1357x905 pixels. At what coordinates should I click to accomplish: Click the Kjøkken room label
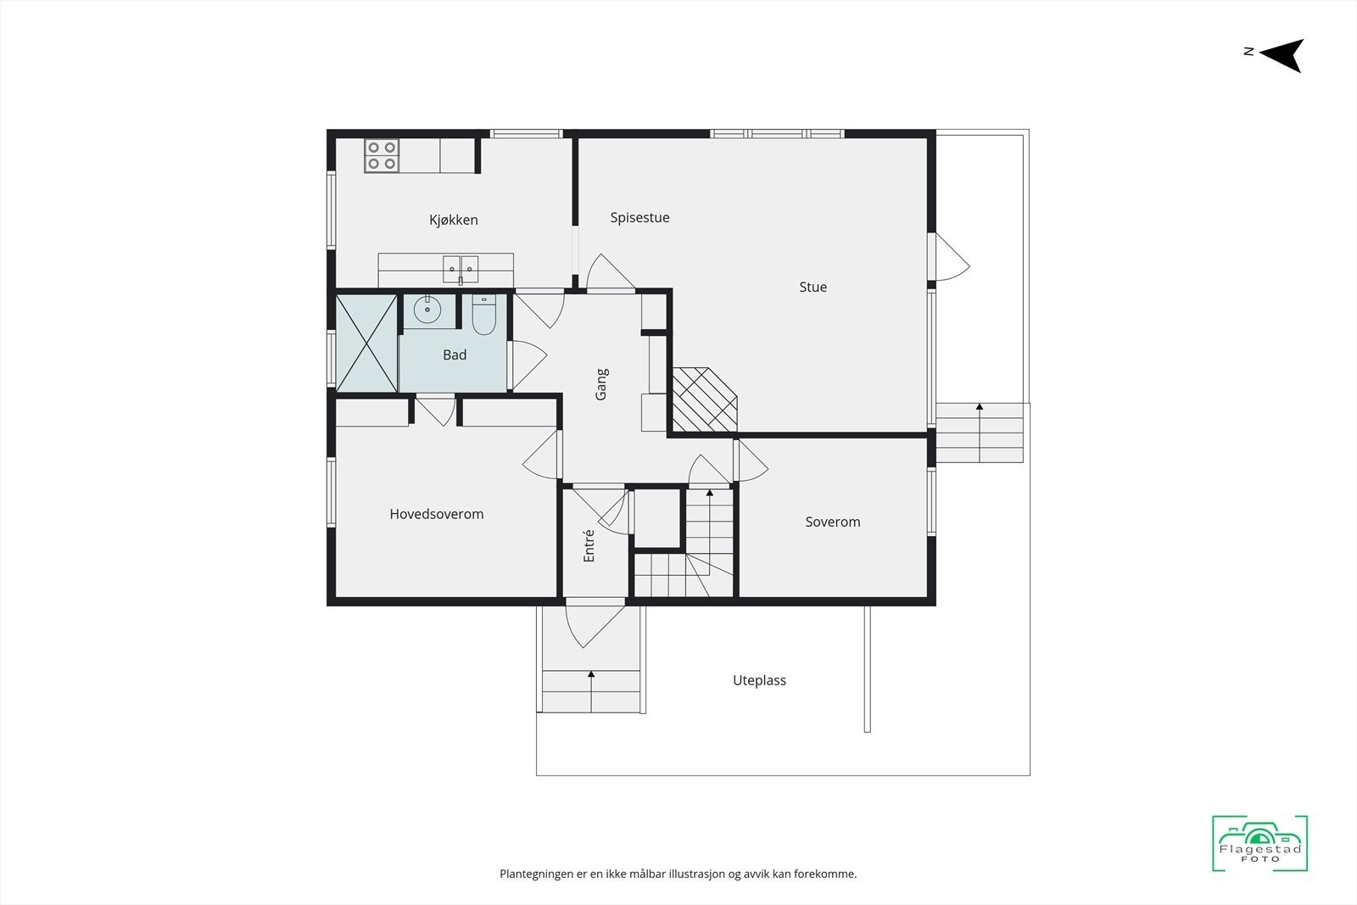tap(454, 221)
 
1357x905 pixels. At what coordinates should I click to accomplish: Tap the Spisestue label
tap(639, 218)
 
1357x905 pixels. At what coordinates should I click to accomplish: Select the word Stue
tap(813, 288)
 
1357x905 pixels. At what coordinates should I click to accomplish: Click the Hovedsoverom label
tap(436, 514)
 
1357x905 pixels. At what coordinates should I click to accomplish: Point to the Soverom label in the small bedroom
tap(832, 522)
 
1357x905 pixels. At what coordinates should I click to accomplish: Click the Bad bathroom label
tap(455, 355)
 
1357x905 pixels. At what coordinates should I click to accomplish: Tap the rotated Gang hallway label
tap(601, 384)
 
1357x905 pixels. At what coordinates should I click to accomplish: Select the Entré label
tap(589, 545)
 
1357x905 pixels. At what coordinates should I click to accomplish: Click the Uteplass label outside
tap(759, 680)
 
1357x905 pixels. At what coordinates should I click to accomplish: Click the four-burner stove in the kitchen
tap(382, 155)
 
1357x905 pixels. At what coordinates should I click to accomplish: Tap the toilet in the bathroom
tap(483, 314)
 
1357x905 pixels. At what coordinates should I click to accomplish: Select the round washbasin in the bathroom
tap(427, 310)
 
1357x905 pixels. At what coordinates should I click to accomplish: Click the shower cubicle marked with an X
tap(366, 343)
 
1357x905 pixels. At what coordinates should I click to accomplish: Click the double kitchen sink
tap(461, 269)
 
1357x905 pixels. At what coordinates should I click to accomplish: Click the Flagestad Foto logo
tap(1259, 844)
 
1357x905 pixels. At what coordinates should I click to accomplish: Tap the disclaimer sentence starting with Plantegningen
tap(678, 874)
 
